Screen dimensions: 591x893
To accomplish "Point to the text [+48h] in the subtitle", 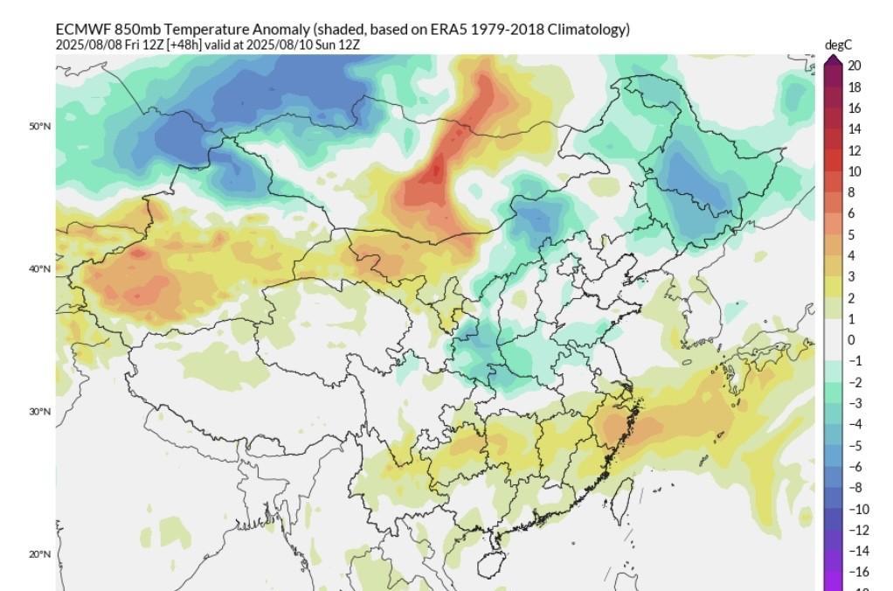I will [185, 44].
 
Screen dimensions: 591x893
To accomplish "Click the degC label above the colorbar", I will [836, 45].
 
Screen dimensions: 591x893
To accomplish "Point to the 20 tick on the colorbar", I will [854, 66].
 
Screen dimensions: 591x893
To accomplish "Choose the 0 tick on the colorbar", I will [851, 340].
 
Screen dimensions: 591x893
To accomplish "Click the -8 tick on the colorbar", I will [854, 488].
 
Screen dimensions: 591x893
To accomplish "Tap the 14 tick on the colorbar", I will [854, 129].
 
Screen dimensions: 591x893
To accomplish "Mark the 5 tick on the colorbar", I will [851, 235].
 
